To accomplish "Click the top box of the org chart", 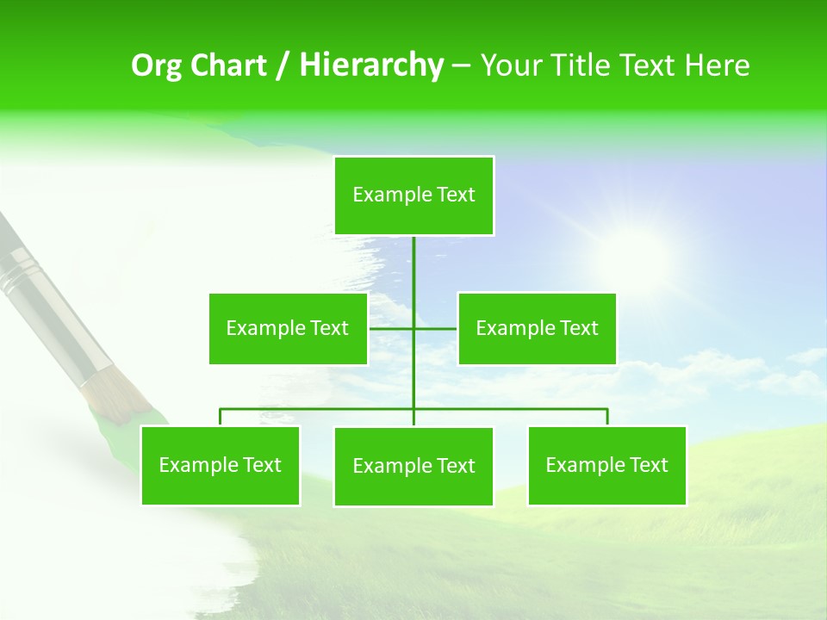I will point(413,195).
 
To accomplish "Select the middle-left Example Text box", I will point(288,328).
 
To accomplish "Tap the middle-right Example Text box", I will point(537,328).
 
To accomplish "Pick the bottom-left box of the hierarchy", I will point(220,465).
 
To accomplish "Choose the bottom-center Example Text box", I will point(413,466).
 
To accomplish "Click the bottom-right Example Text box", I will point(606,465).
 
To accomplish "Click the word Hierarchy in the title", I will point(370,65).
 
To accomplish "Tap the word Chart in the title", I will point(227,65).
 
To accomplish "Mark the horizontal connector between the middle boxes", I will point(393,328).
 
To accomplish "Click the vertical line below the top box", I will point(413,263).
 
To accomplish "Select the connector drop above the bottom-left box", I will point(220,417).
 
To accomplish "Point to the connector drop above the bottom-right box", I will point(606,417).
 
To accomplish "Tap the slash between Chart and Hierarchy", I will point(281,65).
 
